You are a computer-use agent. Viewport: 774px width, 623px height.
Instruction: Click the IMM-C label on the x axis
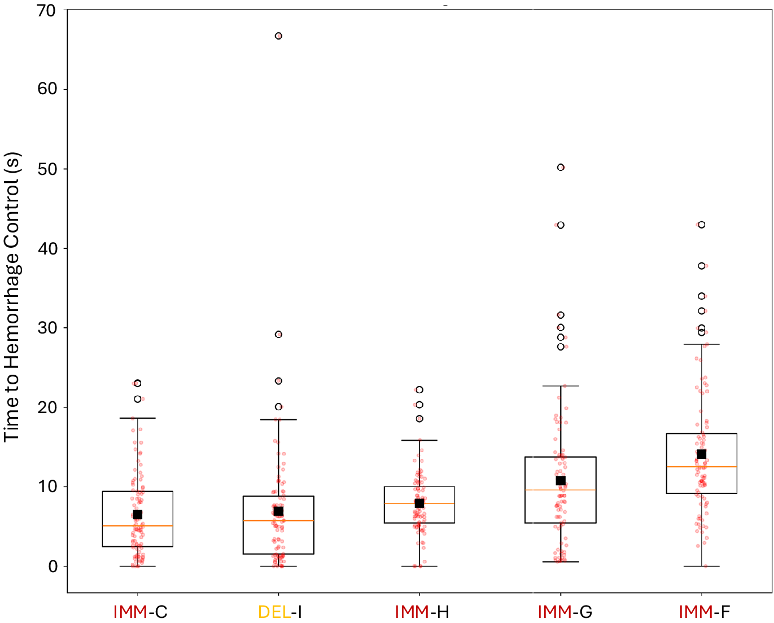pyautogui.click(x=140, y=612)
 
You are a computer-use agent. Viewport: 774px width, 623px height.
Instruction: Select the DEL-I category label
pyautogui.click(x=279, y=612)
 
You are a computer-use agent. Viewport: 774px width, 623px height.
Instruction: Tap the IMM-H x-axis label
pyautogui.click(x=421, y=612)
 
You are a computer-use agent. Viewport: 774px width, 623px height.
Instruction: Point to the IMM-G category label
pyautogui.click(x=565, y=612)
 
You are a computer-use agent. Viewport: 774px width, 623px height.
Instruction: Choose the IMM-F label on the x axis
pyautogui.click(x=704, y=612)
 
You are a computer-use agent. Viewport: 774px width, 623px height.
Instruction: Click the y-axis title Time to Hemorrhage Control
pyautogui.click(x=12, y=297)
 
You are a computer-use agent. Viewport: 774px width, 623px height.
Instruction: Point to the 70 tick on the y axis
pyautogui.click(x=47, y=11)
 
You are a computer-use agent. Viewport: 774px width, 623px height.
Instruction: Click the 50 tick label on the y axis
pyautogui.click(x=47, y=169)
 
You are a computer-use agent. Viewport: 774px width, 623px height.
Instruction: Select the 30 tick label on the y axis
pyautogui.click(x=47, y=328)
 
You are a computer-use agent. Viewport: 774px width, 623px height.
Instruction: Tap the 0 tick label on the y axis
pyautogui.click(x=53, y=567)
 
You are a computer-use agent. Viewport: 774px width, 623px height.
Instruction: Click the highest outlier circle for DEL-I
pyautogui.click(x=278, y=36)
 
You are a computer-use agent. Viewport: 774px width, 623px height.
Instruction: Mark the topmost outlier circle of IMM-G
pyautogui.click(x=561, y=168)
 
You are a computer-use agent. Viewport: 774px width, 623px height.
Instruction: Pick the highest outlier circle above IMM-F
pyautogui.click(x=702, y=225)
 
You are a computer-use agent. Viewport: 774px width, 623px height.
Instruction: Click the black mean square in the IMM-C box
pyautogui.click(x=137, y=515)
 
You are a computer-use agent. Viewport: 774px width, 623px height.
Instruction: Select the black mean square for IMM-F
pyautogui.click(x=702, y=454)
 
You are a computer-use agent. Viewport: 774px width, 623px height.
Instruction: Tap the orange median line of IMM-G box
pyautogui.click(x=561, y=490)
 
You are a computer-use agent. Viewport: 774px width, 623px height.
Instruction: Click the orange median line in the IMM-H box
pyautogui.click(x=419, y=503)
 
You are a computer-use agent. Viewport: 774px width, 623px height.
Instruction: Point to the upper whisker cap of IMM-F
pyautogui.click(x=702, y=344)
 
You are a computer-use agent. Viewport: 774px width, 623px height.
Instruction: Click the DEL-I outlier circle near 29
pyautogui.click(x=278, y=335)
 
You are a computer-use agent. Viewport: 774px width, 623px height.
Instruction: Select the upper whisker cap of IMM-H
pyautogui.click(x=419, y=440)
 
